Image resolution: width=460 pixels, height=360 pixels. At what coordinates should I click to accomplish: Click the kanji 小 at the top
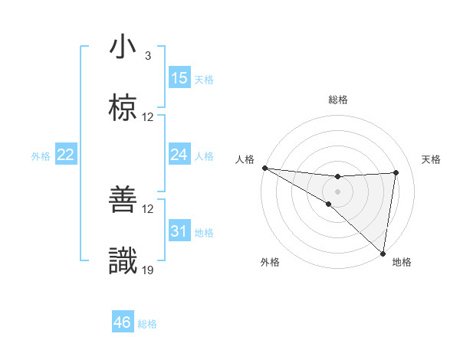pyautogui.click(x=123, y=47)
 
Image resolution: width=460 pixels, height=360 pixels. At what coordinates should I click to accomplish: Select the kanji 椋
pyautogui.click(x=123, y=109)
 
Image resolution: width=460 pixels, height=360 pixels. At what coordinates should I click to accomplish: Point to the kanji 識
pyautogui.click(x=123, y=262)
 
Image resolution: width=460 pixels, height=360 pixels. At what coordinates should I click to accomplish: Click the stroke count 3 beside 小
pyautogui.click(x=147, y=56)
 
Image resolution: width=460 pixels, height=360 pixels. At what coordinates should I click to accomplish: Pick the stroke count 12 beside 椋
pyautogui.click(x=148, y=117)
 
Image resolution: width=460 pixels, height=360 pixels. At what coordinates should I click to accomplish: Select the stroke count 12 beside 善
pyautogui.click(x=148, y=209)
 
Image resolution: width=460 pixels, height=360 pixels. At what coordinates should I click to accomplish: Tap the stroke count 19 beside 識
pyautogui.click(x=148, y=270)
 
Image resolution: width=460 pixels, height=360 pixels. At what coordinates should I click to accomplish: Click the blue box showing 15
pyautogui.click(x=179, y=78)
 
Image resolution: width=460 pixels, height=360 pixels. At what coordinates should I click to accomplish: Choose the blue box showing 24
pyautogui.click(x=179, y=155)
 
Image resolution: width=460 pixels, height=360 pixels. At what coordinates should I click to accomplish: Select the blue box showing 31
pyautogui.click(x=179, y=231)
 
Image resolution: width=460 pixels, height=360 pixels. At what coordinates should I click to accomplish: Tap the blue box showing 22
pyautogui.click(x=66, y=155)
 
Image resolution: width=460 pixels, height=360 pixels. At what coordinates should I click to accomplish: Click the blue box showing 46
pyautogui.click(x=122, y=322)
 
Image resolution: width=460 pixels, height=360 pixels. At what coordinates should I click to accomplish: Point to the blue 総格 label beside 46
pyautogui.click(x=147, y=324)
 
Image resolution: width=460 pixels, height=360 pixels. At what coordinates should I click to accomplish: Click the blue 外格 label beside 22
pyautogui.click(x=41, y=156)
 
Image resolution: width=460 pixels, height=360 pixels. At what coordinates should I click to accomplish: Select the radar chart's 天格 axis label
pyautogui.click(x=432, y=159)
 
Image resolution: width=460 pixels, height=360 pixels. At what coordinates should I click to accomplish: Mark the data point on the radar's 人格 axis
pyautogui.click(x=264, y=168)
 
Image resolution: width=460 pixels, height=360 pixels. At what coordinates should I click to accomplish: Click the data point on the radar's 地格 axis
pyautogui.click(x=383, y=254)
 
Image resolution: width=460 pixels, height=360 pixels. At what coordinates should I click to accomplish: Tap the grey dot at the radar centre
pyautogui.click(x=337, y=191)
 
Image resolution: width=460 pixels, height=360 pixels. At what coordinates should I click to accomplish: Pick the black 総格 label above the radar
pyautogui.click(x=338, y=100)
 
